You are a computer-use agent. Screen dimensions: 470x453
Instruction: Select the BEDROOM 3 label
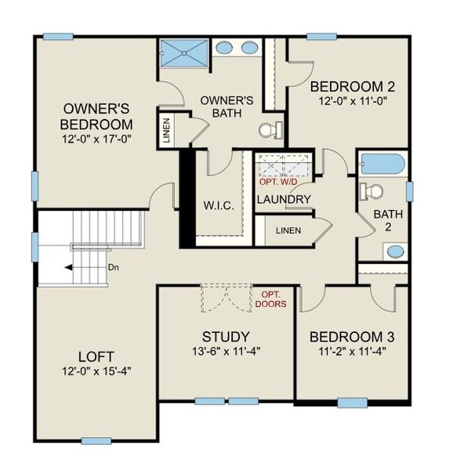tap(351, 337)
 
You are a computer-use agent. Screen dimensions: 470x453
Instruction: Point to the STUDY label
tap(225, 337)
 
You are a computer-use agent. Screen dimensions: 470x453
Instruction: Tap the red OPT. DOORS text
tap(270, 298)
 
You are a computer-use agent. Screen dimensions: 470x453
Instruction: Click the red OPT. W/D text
tap(280, 182)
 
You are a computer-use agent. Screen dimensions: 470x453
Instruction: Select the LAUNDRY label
tap(284, 199)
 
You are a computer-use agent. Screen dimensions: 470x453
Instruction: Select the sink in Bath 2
tap(397, 251)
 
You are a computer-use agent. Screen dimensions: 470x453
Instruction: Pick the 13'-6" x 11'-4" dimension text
tap(225, 351)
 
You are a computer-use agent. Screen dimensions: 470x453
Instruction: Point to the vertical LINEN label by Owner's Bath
tap(167, 131)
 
